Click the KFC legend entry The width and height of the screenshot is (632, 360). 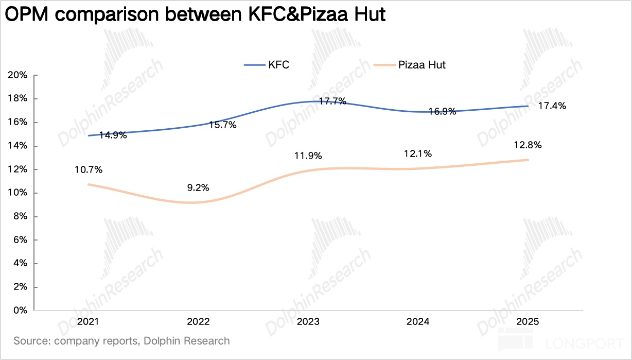[267, 65]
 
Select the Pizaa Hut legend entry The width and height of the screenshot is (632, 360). [409, 65]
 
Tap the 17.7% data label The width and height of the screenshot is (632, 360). [332, 101]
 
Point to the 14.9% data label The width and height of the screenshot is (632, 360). [113, 135]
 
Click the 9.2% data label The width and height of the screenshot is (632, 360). [198, 187]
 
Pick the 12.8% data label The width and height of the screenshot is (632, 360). [528, 145]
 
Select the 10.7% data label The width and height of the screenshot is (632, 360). [89, 169]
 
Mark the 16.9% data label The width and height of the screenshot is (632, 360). [443, 112]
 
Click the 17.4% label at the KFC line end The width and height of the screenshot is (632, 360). [552, 106]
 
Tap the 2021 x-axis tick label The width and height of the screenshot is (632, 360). [88, 321]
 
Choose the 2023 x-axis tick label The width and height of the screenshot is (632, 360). [308, 321]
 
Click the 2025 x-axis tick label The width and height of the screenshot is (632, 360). [528, 321]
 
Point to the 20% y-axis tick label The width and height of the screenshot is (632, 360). [17, 75]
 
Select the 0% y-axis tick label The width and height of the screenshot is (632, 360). [20, 311]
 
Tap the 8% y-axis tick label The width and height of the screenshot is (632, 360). [20, 216]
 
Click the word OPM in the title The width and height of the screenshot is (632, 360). [27, 14]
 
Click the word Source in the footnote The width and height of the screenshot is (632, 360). [32, 341]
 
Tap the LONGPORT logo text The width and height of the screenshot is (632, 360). [584, 344]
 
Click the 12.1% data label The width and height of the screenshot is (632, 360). [418, 154]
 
